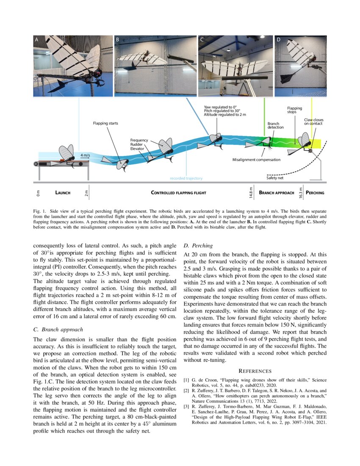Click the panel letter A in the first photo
click(x=37, y=40)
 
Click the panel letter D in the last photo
click(x=278, y=40)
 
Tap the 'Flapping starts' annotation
click(x=105, y=123)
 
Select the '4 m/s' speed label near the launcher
click(x=85, y=155)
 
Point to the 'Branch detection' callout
click(x=275, y=125)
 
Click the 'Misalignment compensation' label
click(x=256, y=160)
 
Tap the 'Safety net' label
click(x=274, y=178)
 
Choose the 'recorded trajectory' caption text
click(x=186, y=178)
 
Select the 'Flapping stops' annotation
click(x=294, y=110)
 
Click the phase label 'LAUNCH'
click(x=63, y=193)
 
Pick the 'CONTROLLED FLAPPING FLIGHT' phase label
click(x=178, y=193)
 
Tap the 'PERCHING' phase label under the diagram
click(x=315, y=193)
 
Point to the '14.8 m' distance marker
click(x=251, y=192)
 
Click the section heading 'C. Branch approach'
click(x=58, y=329)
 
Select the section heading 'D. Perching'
click(x=198, y=245)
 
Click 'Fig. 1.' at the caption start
click(x=39, y=211)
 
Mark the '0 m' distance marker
click(x=37, y=193)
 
